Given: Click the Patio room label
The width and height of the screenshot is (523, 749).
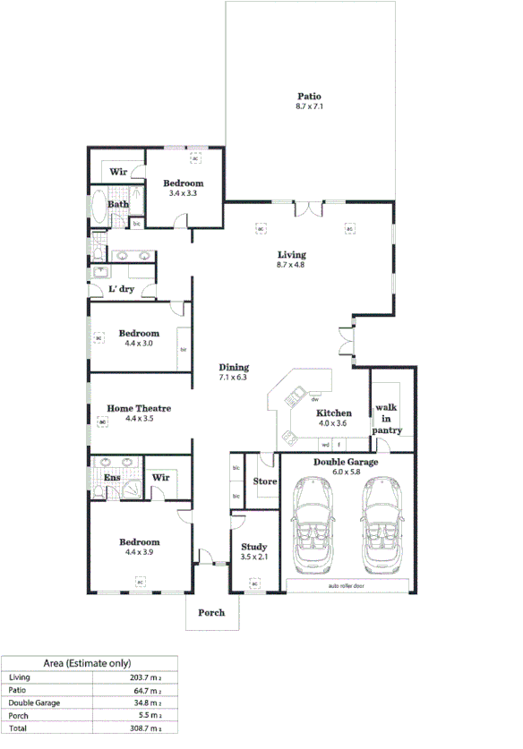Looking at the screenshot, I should (x=309, y=97).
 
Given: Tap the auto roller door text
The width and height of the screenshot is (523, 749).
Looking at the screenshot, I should (x=347, y=586).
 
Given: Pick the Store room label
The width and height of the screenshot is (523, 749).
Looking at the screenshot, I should (x=265, y=481).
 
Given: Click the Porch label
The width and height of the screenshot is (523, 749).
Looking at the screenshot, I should (x=211, y=613).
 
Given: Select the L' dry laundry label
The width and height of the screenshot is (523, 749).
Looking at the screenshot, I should (x=121, y=289).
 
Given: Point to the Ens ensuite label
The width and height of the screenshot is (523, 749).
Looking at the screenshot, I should (x=112, y=478).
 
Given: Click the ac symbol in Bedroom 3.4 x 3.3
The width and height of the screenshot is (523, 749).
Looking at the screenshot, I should (x=195, y=157).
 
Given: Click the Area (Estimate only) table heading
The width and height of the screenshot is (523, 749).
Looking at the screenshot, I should (x=88, y=663).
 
